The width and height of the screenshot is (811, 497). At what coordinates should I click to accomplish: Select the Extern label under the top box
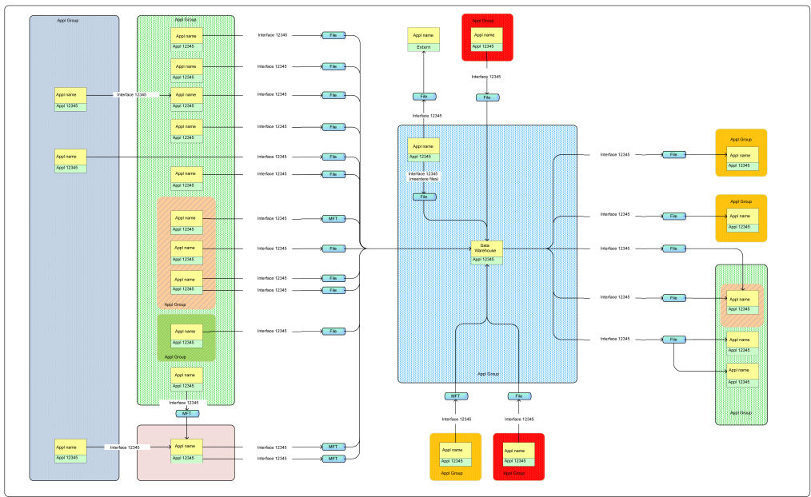pyautogui.click(x=424, y=48)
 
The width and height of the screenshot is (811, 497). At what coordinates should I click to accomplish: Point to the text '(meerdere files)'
pyautogui.click(x=423, y=179)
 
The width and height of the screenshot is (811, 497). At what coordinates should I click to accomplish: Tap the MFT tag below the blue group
pyautogui.click(x=455, y=396)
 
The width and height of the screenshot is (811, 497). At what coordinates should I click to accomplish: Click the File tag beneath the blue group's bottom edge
pyautogui.click(x=518, y=396)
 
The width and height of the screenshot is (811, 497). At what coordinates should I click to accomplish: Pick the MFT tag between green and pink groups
pyautogui.click(x=186, y=413)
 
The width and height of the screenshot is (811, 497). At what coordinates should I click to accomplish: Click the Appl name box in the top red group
pyautogui.click(x=486, y=35)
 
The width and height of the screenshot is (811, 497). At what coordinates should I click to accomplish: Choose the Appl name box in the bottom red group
pyautogui.click(x=518, y=450)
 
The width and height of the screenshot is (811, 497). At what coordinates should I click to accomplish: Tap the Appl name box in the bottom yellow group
pyautogui.click(x=455, y=450)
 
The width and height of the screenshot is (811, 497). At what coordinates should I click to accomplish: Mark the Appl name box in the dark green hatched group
pyautogui.click(x=186, y=331)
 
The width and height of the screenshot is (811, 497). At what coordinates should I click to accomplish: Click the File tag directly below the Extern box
pyautogui.click(x=424, y=97)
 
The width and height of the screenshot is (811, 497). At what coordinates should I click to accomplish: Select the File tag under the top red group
pyautogui.click(x=487, y=97)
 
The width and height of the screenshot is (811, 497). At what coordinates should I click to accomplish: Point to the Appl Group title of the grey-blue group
pyautogui.click(x=73, y=21)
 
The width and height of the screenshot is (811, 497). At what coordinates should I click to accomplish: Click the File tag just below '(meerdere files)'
pyautogui.click(x=424, y=197)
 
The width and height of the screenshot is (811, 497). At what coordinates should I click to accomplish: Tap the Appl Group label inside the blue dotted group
pyautogui.click(x=487, y=374)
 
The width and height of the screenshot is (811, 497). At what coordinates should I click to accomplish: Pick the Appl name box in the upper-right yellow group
pyautogui.click(x=742, y=155)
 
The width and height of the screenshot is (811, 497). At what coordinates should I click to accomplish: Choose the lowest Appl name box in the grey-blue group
pyautogui.click(x=70, y=447)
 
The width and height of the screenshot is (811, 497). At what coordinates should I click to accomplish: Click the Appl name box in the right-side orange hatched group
pyautogui.click(x=742, y=298)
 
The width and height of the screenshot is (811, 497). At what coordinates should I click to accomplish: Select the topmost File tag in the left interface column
pyautogui.click(x=334, y=36)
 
